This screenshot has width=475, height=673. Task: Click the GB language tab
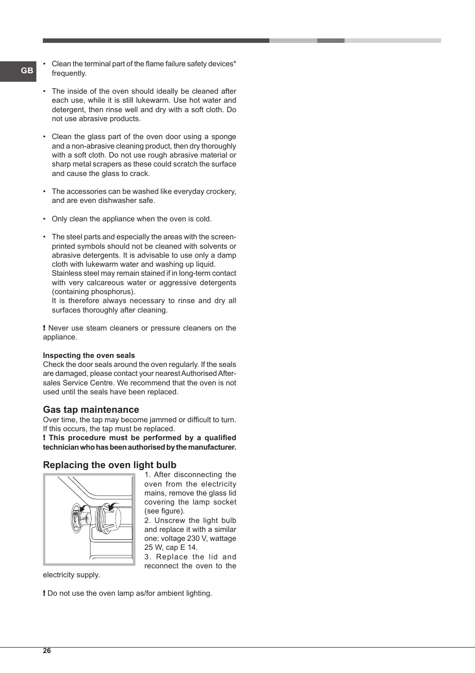pyautogui.click(x=27, y=71)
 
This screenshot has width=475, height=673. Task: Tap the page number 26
pyautogui.click(x=47, y=651)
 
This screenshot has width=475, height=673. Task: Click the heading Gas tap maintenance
pyautogui.click(x=91, y=410)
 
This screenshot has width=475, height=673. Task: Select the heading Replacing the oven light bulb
pyautogui.click(x=110, y=465)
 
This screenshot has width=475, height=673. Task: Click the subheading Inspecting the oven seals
pyautogui.click(x=89, y=355)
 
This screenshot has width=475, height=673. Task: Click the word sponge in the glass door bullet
pyautogui.click(x=224, y=137)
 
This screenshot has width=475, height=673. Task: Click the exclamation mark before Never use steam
pyautogui.click(x=44, y=328)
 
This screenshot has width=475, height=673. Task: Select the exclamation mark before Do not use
pyautogui.click(x=44, y=593)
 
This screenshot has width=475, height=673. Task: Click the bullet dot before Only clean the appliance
pyautogui.click(x=44, y=219)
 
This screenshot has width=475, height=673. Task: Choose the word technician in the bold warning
pyautogui.click(x=61, y=447)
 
